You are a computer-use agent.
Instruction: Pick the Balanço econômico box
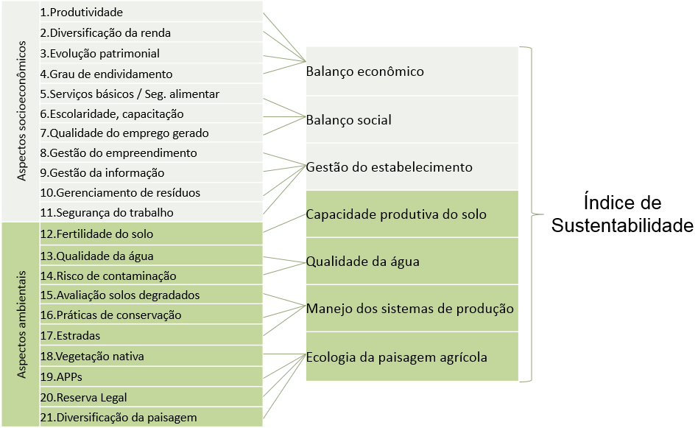coord(412,71)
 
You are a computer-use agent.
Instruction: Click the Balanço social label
coord(348,120)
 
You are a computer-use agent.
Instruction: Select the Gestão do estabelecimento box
coord(412,167)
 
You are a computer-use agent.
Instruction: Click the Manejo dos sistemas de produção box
coord(412,308)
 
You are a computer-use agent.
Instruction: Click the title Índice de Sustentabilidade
coord(622,214)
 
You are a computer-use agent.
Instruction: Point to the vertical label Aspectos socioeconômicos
coord(21,111)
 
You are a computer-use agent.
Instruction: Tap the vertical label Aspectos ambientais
coord(21,324)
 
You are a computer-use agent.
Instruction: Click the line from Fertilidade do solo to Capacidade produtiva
coord(284,222)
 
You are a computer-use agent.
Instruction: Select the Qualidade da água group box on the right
coord(412,261)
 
